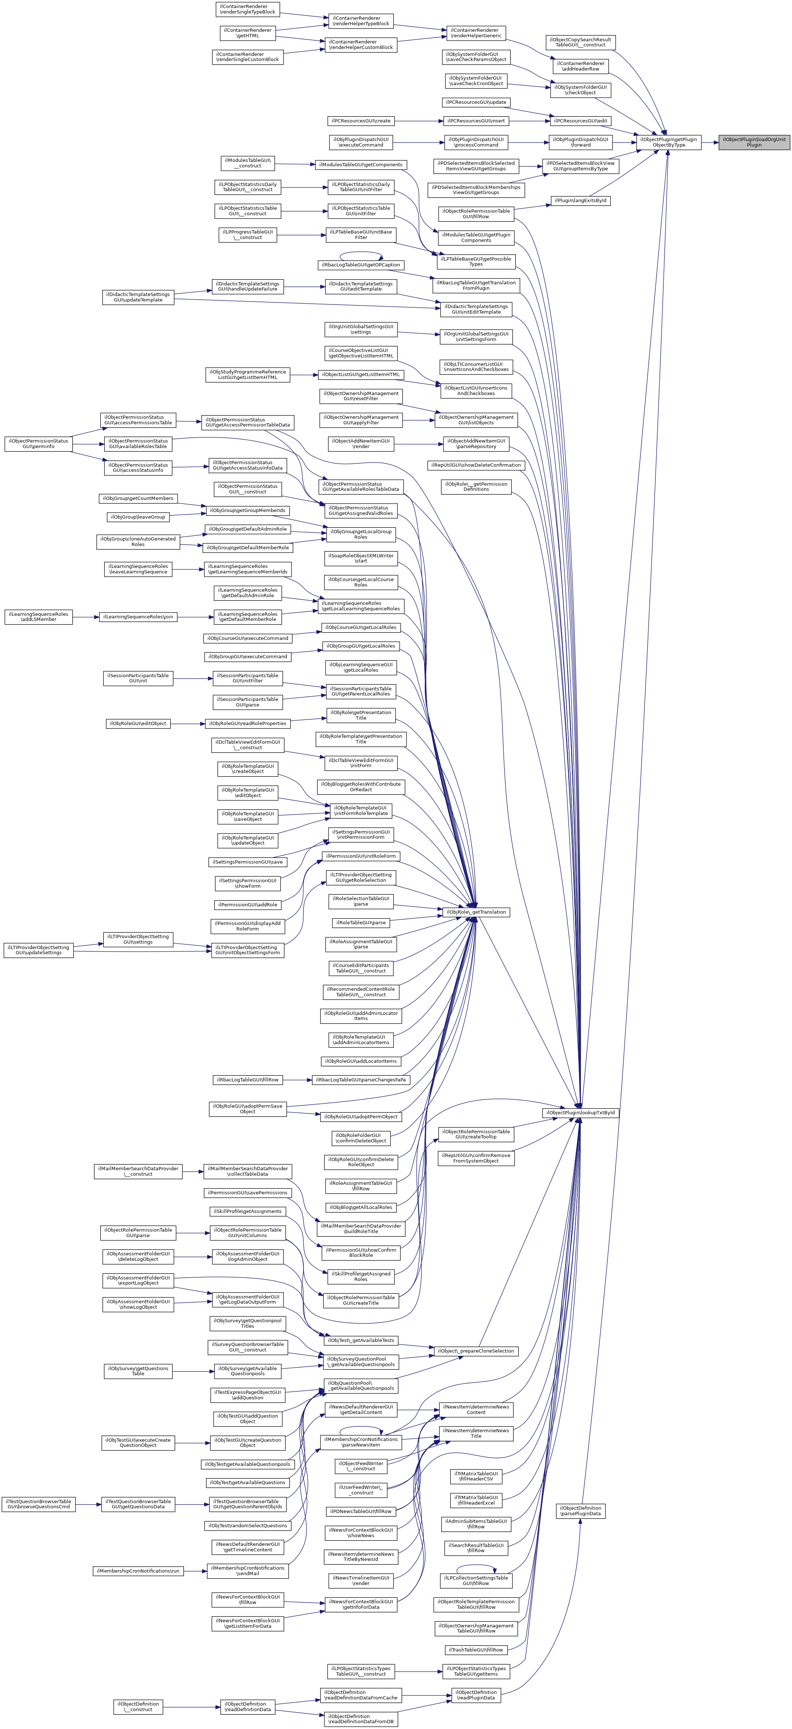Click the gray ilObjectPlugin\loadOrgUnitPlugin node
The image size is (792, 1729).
(x=754, y=142)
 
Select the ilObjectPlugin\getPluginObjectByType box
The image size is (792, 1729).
(x=669, y=142)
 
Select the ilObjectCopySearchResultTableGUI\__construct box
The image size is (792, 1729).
(x=580, y=42)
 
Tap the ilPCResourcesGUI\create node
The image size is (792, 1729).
(x=361, y=121)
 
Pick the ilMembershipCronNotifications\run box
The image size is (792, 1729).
(x=138, y=1571)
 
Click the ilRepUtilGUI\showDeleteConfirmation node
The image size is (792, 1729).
(x=476, y=465)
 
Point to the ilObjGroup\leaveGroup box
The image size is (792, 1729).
(x=138, y=517)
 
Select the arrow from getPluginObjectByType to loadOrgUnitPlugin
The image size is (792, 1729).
(x=710, y=142)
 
